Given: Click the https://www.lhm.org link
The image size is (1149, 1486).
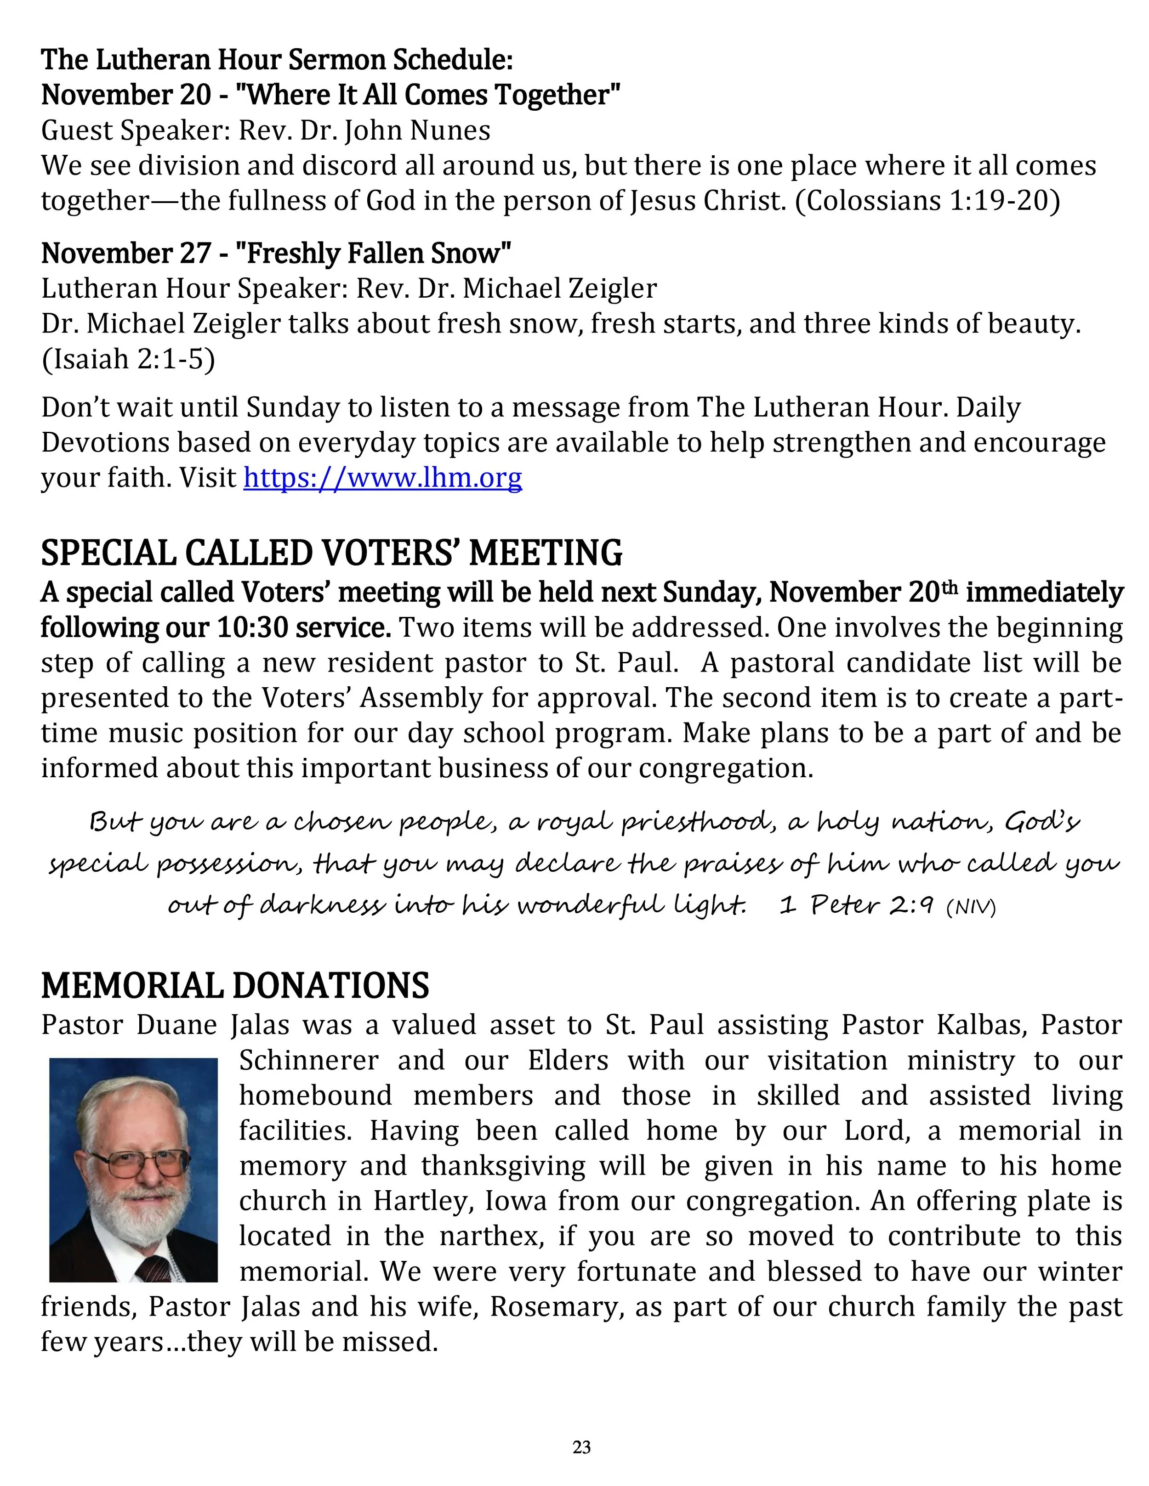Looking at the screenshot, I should (x=382, y=478).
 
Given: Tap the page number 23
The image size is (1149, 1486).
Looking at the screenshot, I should (x=581, y=1446).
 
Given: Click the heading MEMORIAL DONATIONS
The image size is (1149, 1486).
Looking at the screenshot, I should (x=235, y=986).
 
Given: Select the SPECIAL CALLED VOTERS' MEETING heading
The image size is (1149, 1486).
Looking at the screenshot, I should (x=331, y=553).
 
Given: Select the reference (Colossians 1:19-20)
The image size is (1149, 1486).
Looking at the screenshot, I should (x=927, y=201).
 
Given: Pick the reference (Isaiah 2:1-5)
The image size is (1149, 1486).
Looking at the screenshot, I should (x=128, y=359).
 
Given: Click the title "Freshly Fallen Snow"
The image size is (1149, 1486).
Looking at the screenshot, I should (x=373, y=253).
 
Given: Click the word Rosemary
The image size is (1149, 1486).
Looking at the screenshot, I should (x=552, y=1307).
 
